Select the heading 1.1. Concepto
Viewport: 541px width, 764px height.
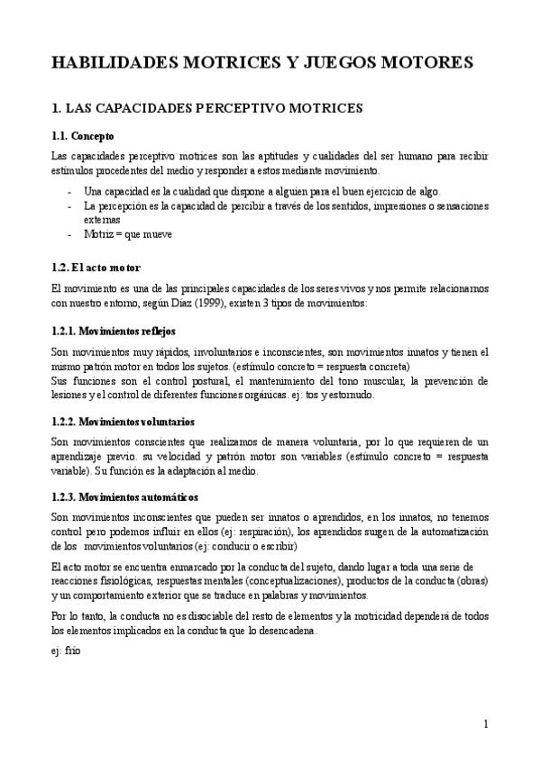83,137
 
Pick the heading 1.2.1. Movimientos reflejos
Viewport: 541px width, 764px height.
113,331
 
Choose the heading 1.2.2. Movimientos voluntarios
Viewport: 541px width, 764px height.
123,422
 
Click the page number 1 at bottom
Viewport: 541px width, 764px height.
485,723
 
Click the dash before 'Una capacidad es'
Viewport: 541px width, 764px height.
69,192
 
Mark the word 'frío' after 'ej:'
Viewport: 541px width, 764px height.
73,650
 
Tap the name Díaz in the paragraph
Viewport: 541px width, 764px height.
162,305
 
